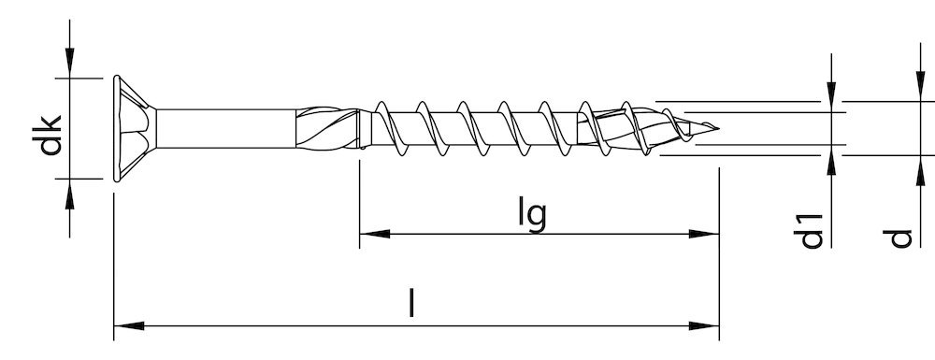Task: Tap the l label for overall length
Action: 410,302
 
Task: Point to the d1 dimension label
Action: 809,231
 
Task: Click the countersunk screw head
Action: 135,128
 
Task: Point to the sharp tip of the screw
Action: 718,128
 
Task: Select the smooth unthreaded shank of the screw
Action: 226,128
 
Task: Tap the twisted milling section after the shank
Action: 326,128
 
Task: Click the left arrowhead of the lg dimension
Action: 375,234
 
